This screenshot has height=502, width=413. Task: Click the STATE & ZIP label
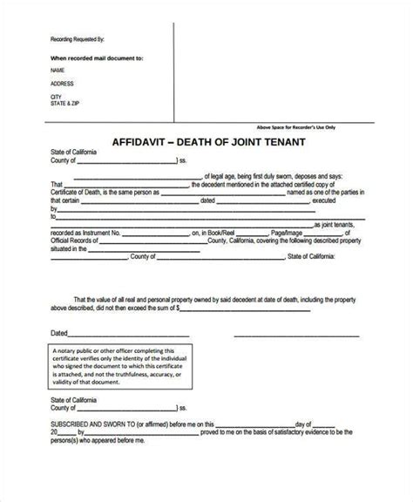[x=66, y=104]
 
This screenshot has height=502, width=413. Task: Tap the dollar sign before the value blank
[x=178, y=308]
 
